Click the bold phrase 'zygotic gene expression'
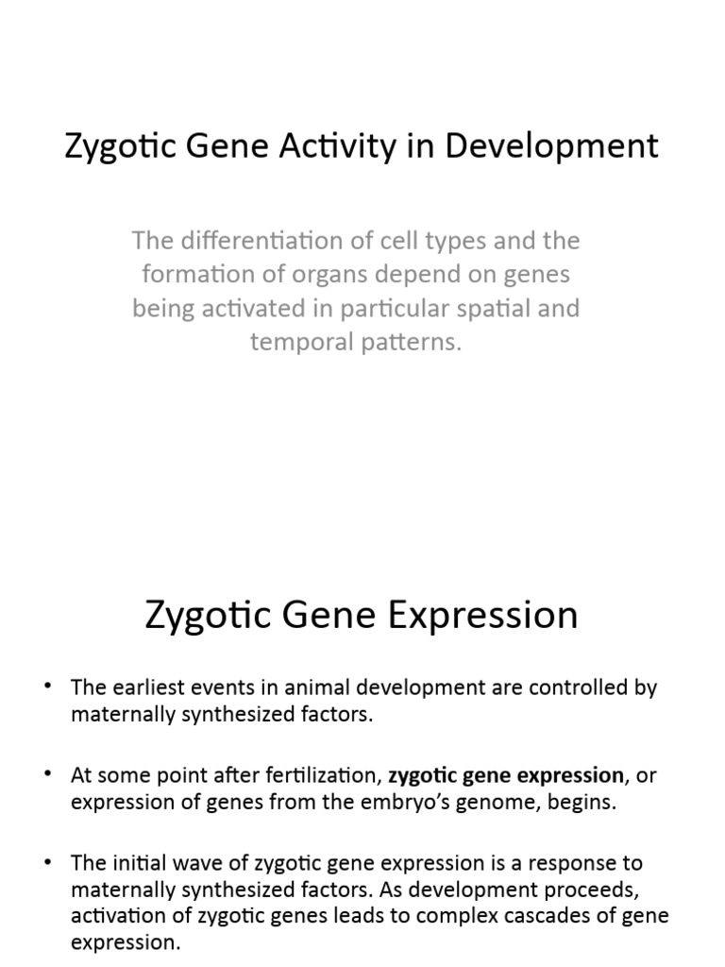[x=506, y=775]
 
